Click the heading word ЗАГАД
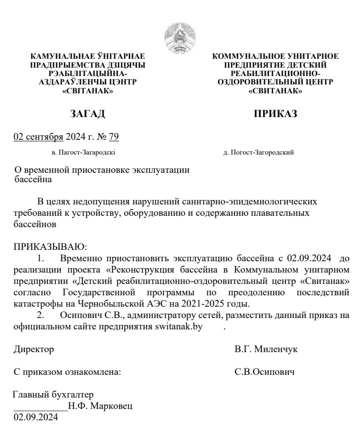(x=88, y=114)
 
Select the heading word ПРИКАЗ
(x=275, y=114)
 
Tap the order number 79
(x=114, y=137)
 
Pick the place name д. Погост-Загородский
(x=258, y=153)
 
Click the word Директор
(x=34, y=349)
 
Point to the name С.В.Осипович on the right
(x=265, y=371)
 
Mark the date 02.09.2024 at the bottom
(x=35, y=418)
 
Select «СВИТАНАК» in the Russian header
(x=275, y=91)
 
